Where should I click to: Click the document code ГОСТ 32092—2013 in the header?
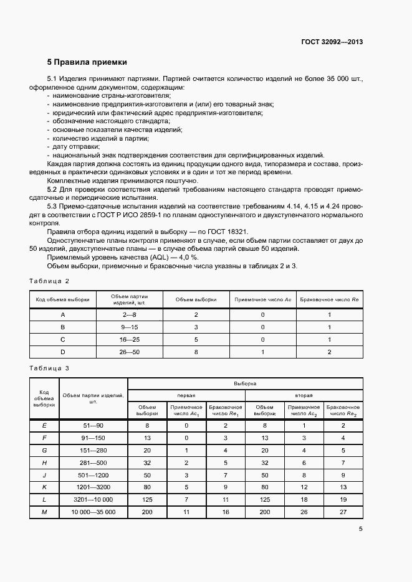coord(332,42)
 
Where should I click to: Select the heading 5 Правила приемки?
coord(87,62)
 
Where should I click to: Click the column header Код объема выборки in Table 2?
coord(62,299)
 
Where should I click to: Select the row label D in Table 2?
coord(62,352)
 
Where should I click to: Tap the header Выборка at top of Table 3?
coord(245,384)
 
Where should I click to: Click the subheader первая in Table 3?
coord(186,395)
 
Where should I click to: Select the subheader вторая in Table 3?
coord(304,395)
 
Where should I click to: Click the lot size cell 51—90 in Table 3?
coord(93,425)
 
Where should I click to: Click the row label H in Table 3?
coord(44,463)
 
